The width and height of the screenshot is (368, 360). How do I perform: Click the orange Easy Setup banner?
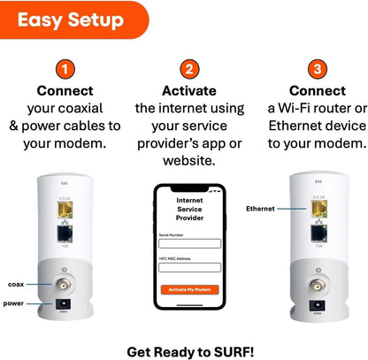coord(70,19)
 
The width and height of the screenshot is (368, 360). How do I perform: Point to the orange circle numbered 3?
coord(316,70)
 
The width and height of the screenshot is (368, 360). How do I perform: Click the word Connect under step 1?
coord(65,90)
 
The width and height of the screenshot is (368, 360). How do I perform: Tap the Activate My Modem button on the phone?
coord(189,289)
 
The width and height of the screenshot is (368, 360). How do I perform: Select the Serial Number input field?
coord(189,243)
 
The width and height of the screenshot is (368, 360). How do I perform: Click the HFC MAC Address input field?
coord(189,266)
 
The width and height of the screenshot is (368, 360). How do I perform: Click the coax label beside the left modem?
coord(17,284)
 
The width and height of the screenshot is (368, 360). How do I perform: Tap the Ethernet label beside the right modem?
coord(260,208)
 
